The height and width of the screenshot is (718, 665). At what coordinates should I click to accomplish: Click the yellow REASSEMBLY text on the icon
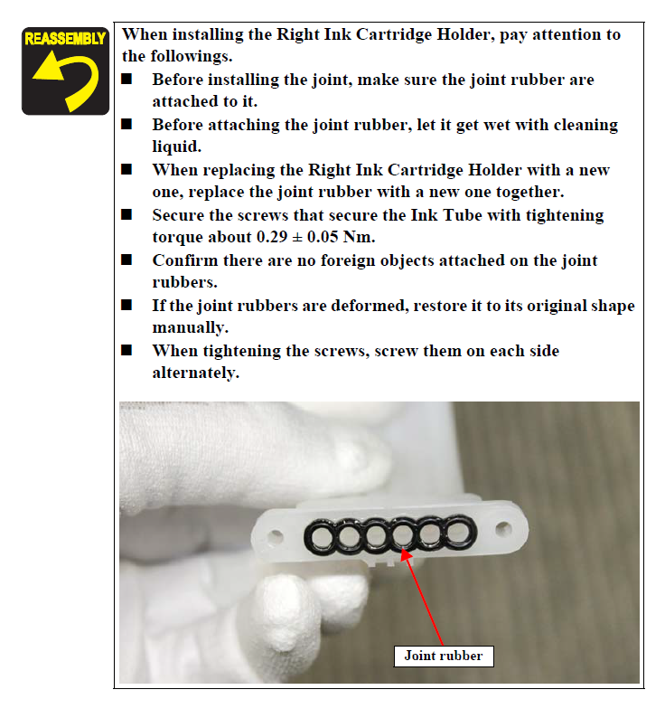[65, 39]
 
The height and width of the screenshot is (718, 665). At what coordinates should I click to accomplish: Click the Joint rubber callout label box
[444, 656]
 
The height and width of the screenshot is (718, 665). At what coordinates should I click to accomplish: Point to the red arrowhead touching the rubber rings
[406, 555]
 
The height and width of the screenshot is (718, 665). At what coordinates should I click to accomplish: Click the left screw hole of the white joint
[275, 534]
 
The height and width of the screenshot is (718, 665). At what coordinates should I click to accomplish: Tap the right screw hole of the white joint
[503, 528]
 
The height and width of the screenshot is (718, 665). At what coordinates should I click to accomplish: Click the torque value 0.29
[272, 237]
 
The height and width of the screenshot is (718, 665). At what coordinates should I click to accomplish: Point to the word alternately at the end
[195, 373]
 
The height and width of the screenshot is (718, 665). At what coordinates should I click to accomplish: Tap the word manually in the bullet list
[190, 328]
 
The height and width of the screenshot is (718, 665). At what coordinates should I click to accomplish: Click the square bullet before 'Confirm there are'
[126, 260]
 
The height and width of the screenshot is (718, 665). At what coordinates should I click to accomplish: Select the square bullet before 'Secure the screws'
[126, 214]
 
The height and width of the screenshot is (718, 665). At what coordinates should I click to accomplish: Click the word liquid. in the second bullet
[177, 147]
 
